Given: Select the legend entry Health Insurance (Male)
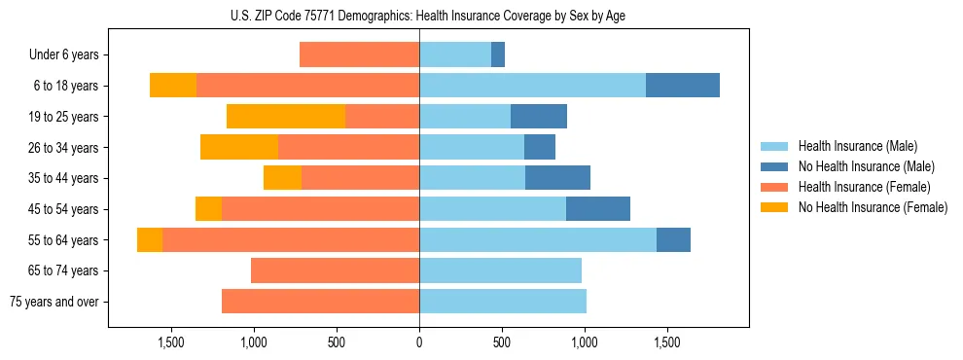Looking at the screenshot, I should tap(856, 146).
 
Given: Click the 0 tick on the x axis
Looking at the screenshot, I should tap(419, 342).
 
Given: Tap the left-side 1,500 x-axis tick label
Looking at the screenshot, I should tap(170, 342).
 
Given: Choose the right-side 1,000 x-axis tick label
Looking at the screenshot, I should tap(585, 342).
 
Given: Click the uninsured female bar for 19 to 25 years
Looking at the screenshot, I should tap(286, 117).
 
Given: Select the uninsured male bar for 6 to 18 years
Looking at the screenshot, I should tap(683, 86).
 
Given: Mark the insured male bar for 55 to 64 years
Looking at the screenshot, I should tap(538, 240).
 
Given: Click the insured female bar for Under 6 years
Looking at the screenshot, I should tap(359, 54).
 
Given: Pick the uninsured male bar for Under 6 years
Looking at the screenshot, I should tap(498, 54).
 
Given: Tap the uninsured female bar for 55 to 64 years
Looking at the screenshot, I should tap(150, 240).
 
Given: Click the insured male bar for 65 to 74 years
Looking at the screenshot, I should tap(500, 270).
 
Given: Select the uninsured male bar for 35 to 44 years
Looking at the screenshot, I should tap(557, 178).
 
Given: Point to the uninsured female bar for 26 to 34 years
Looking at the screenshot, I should tap(239, 147).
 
